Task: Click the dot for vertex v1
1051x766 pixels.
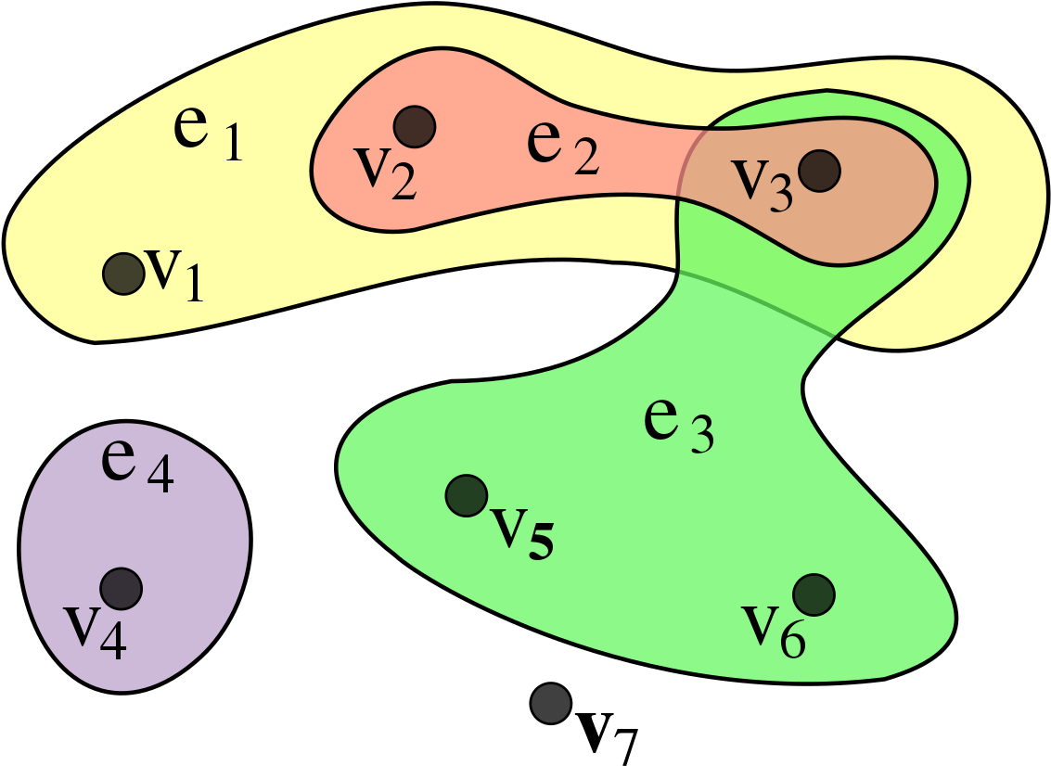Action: pos(121,274)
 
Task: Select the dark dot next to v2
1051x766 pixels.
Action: pos(415,125)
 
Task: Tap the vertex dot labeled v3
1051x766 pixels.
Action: pos(820,171)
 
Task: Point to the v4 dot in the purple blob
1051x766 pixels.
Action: pos(121,588)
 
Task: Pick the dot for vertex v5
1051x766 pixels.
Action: pos(467,495)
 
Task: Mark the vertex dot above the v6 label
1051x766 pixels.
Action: pos(814,594)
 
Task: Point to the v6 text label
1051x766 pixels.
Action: pos(774,631)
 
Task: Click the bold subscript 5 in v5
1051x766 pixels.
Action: pos(541,543)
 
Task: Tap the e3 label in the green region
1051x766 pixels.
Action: pos(679,426)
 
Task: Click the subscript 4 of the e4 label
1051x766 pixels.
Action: pos(160,477)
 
